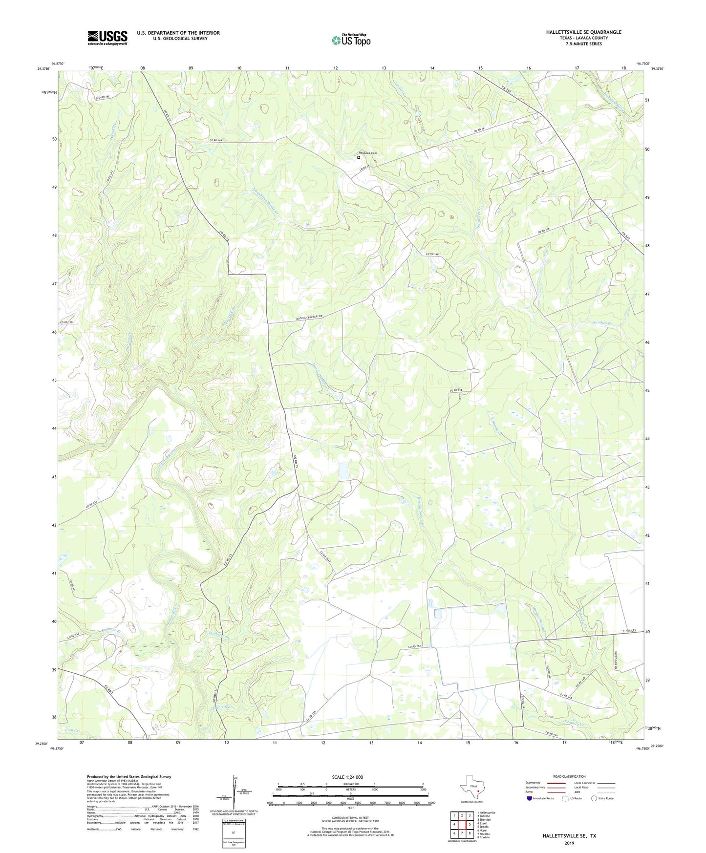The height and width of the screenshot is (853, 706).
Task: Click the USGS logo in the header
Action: [x=107, y=37]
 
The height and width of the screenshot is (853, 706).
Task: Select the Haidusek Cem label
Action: [x=367, y=153]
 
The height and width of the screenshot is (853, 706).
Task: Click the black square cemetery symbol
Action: [x=359, y=157]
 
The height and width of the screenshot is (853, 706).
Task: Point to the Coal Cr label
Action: [x=72, y=730]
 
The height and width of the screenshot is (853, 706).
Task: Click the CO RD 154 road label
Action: [x=415, y=647]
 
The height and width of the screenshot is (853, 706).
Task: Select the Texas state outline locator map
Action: [x=471, y=788]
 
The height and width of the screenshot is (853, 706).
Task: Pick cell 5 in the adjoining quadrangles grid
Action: [x=468, y=824]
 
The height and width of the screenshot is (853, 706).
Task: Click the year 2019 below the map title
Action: [x=569, y=843]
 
